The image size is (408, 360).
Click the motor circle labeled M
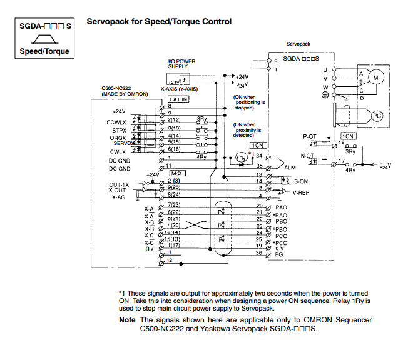[x=375, y=76]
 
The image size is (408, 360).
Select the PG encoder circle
[x=377, y=116]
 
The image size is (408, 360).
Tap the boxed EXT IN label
[x=178, y=99]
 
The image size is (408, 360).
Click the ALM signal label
[x=290, y=168]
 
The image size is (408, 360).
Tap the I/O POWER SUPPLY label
[x=182, y=64]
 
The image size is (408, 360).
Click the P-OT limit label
[x=310, y=136]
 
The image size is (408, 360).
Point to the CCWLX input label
[x=116, y=122]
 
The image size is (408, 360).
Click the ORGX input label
[x=118, y=137]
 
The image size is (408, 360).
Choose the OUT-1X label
[x=119, y=184]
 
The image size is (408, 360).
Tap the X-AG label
[x=118, y=197]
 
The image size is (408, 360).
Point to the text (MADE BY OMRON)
[x=125, y=94]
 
